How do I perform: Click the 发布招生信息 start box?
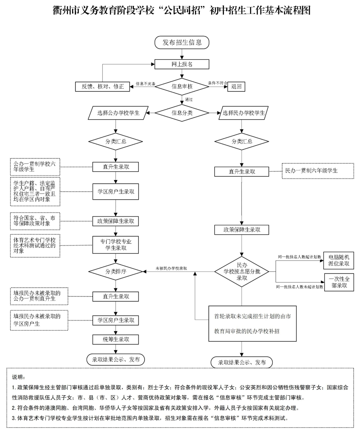(x=182, y=42)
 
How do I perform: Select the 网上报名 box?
(x=182, y=64)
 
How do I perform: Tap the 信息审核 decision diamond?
(x=182, y=87)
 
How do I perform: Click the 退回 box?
(x=236, y=87)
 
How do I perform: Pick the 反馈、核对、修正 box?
(x=102, y=87)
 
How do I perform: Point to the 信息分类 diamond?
(x=182, y=113)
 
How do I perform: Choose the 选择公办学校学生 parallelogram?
(x=118, y=113)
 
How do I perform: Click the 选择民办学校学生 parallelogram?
(x=244, y=113)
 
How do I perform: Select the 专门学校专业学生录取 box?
(x=116, y=245)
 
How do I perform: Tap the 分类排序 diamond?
(x=116, y=271)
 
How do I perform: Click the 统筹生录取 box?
(x=116, y=340)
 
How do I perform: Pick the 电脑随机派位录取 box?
(x=339, y=260)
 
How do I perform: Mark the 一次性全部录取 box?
(x=339, y=282)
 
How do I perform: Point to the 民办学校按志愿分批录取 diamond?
(x=242, y=272)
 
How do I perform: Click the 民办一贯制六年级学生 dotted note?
(x=318, y=171)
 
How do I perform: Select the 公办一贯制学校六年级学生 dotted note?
(x=35, y=167)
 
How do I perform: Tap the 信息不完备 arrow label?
(x=145, y=84)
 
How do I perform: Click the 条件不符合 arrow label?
(x=218, y=83)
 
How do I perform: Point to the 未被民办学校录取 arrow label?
(x=171, y=268)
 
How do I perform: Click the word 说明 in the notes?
(x=19, y=377)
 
